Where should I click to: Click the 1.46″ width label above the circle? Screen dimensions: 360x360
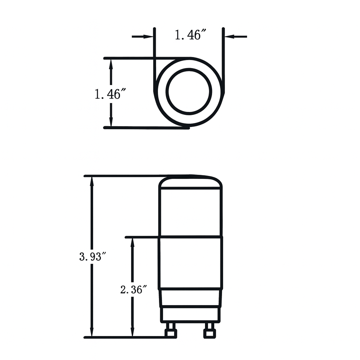click(189, 35)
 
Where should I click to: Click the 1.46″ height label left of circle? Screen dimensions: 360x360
click(108, 94)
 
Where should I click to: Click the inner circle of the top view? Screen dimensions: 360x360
click(189, 91)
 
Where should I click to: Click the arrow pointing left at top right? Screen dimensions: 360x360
click(236, 36)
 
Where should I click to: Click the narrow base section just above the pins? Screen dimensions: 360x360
click(190, 314)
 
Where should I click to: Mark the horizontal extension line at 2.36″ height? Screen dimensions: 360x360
click(142, 237)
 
